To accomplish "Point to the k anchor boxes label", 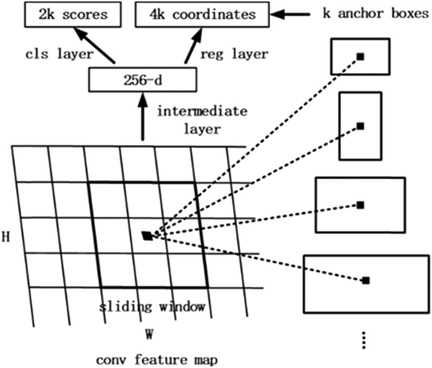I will [375, 14].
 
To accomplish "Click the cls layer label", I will [58, 54].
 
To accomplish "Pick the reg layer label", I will [234, 54].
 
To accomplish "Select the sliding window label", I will [152, 306].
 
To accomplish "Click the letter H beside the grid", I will [6, 236].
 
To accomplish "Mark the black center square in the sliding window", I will [148, 236].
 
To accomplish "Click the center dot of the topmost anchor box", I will [360, 57].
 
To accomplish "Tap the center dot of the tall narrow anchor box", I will [360, 126].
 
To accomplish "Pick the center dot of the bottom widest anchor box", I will [366, 280].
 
